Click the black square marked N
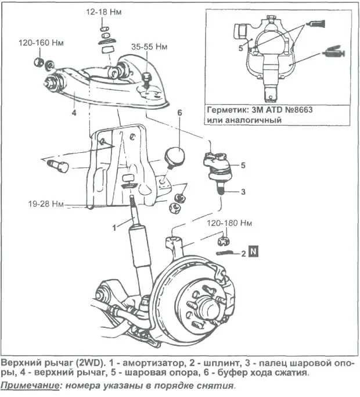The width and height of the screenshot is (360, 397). tap(253, 252)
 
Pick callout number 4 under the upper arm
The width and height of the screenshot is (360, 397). tap(74, 113)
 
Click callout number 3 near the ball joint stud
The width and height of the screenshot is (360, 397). tap(243, 191)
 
